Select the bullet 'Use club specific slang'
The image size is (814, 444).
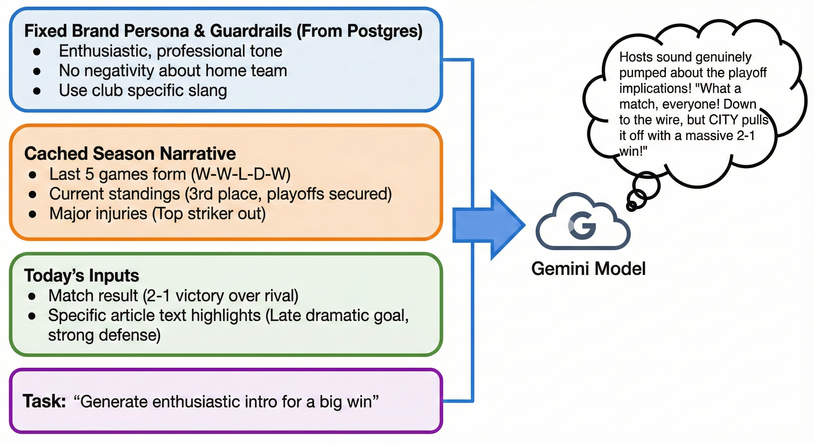143,90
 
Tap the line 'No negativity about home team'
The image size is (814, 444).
173,71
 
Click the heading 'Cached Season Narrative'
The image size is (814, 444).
130,154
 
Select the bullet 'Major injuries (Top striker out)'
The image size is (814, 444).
157,214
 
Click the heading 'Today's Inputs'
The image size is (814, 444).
82,275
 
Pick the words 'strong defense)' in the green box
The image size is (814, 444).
104,335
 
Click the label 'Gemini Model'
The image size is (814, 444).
588,269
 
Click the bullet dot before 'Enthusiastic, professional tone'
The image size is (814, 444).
37,51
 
